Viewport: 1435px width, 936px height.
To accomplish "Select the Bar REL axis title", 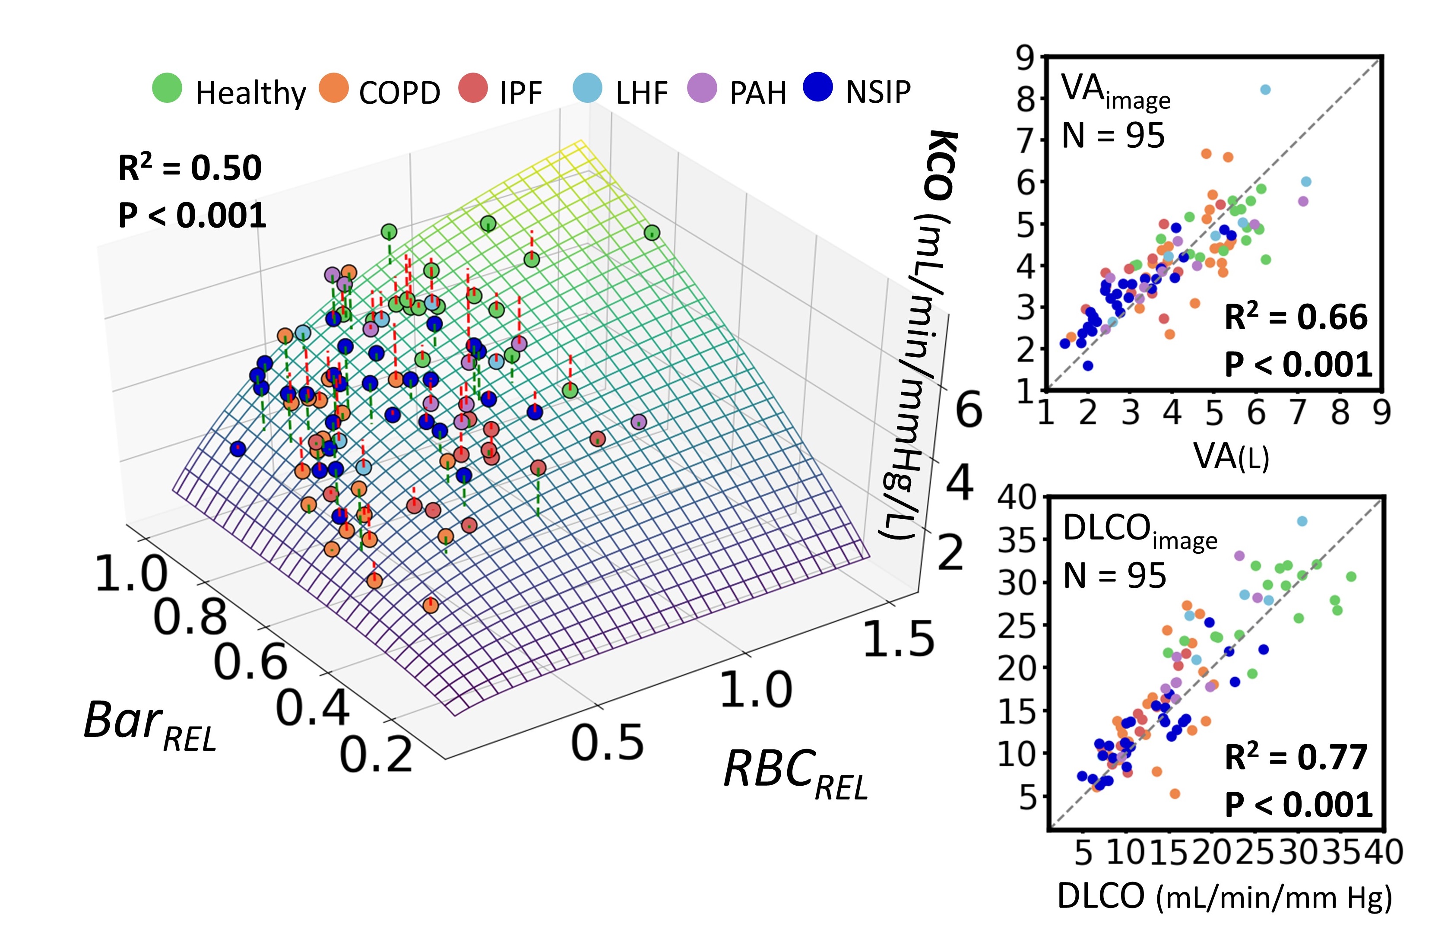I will point(149,724).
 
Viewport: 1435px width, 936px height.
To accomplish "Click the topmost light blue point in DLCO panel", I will point(1302,521).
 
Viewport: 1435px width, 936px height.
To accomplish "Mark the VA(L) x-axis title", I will point(1231,457).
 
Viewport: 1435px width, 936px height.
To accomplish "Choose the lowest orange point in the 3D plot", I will point(431,605).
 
